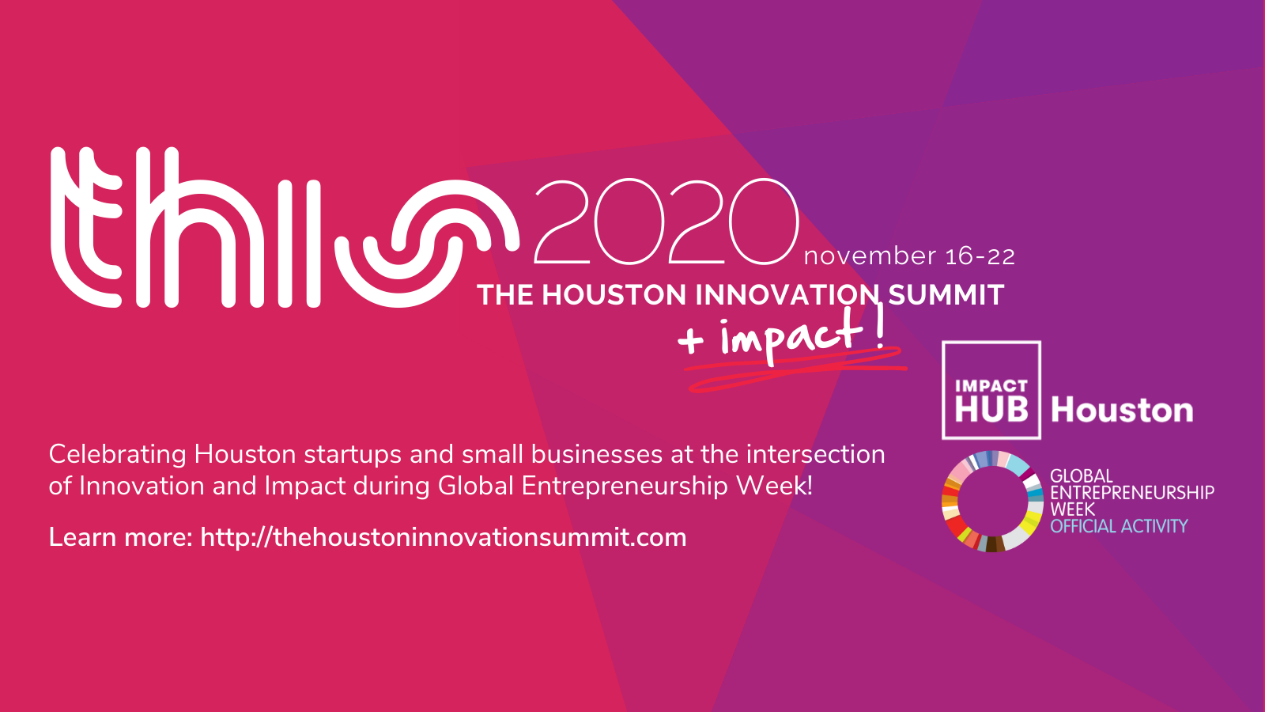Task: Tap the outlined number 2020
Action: [666, 222]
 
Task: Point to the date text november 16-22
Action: [909, 256]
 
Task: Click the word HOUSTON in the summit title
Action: [614, 295]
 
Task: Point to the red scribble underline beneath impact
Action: [796, 370]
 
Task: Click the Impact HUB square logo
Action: [991, 390]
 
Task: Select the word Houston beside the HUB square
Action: [1122, 410]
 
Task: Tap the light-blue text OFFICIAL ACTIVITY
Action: [1119, 527]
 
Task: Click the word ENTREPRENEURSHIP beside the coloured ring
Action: [1131, 493]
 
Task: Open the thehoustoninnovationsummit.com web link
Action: [444, 537]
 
